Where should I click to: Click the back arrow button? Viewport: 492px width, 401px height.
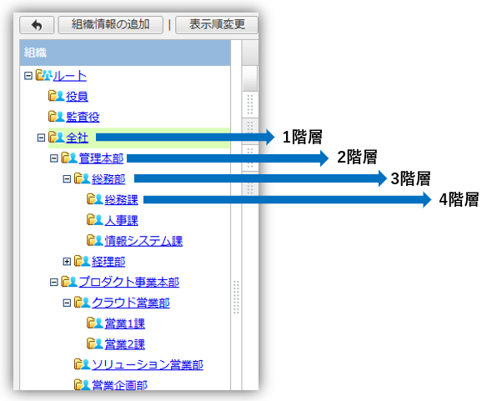point(37,25)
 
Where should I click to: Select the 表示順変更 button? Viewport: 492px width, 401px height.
point(217,25)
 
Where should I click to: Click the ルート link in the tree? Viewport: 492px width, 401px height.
point(70,76)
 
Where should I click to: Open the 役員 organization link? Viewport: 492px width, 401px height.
point(77,97)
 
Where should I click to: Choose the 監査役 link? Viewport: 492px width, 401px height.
point(83,117)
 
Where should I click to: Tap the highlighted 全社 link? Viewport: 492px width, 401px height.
point(77,138)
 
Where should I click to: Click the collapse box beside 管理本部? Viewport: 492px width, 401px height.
point(54,158)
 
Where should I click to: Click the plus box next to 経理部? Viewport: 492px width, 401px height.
point(67,262)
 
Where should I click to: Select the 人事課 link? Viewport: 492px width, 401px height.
point(121,220)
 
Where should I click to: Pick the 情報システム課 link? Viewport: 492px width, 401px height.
point(143,241)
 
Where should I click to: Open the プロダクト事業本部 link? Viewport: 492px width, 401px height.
point(129,282)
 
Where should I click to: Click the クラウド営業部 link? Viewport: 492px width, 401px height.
point(131,303)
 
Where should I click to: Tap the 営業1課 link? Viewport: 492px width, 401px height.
point(124,323)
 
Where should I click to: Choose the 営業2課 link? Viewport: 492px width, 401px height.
point(124,344)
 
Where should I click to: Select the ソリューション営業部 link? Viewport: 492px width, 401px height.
point(148,364)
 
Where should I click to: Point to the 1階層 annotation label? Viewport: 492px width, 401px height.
point(302,137)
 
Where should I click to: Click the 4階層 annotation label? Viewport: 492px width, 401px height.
point(459,199)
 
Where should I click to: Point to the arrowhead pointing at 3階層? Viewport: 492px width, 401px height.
point(383,178)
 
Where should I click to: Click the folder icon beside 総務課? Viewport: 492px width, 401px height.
point(91,199)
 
